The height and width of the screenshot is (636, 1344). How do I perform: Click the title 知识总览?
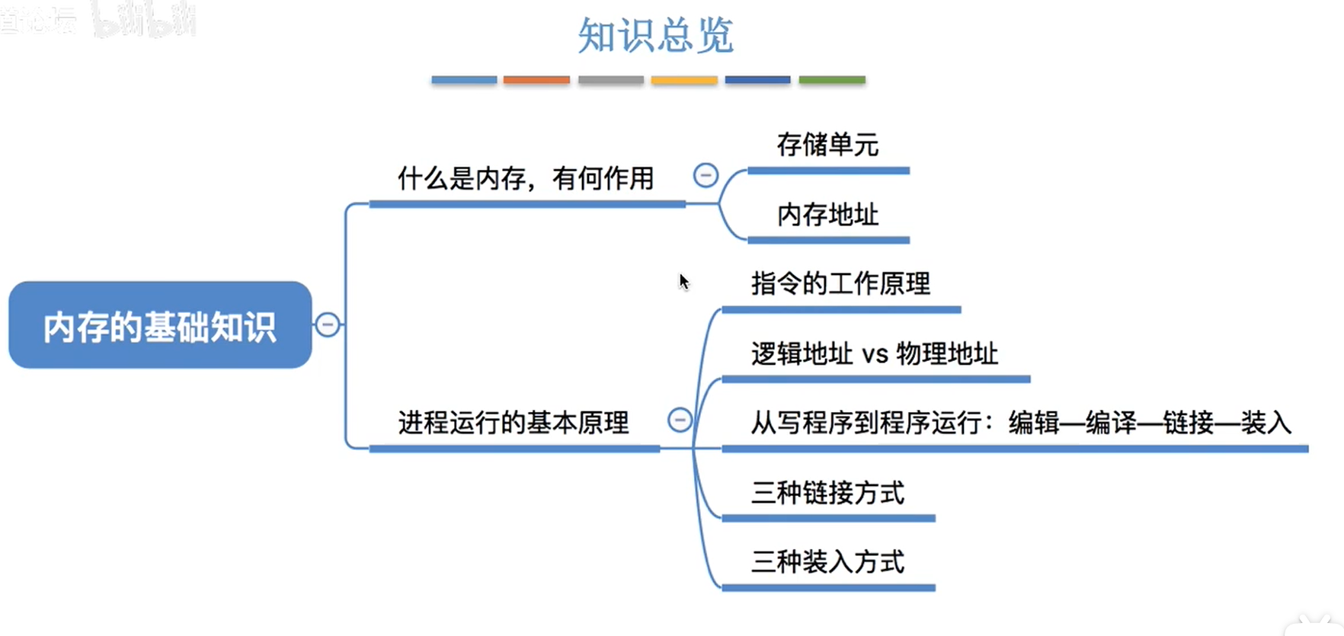coord(655,36)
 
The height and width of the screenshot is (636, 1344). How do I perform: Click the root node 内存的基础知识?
coord(160,326)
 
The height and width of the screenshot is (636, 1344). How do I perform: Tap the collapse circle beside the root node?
coord(328,325)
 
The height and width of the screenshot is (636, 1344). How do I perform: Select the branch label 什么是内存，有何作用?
coord(526,179)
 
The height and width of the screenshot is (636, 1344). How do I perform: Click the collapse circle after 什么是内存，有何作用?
coord(706,175)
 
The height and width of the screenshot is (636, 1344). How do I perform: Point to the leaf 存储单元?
coord(827,145)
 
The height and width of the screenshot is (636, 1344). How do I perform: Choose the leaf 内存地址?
coord(827,215)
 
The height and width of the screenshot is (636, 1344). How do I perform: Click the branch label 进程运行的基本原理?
coord(514,423)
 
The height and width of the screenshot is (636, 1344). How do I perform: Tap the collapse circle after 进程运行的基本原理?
coord(680,420)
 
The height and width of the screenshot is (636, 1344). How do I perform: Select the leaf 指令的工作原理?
coord(840,284)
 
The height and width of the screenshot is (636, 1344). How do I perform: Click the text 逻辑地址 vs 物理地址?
coord(874,354)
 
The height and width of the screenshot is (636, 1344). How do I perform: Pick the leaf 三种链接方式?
coord(827,493)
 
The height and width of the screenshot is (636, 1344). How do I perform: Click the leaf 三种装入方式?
coord(827,562)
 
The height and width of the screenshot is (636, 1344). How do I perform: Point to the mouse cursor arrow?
coord(683,281)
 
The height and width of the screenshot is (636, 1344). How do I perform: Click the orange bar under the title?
coord(536,80)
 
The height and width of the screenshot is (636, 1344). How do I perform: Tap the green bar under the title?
coord(831,80)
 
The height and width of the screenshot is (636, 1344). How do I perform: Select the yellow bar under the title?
coord(683,80)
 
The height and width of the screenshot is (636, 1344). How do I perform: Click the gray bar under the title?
coord(610,80)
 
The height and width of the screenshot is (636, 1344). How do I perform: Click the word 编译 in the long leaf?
coord(1111,423)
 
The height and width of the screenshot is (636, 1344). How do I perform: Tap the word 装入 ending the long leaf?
coord(1266,423)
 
